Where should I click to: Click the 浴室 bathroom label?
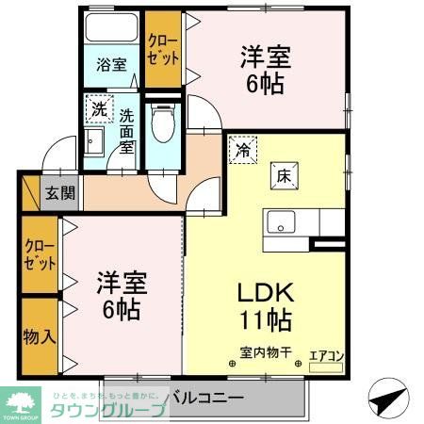(111, 65)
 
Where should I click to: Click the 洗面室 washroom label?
(128, 131)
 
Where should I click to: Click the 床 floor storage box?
(284, 174)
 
